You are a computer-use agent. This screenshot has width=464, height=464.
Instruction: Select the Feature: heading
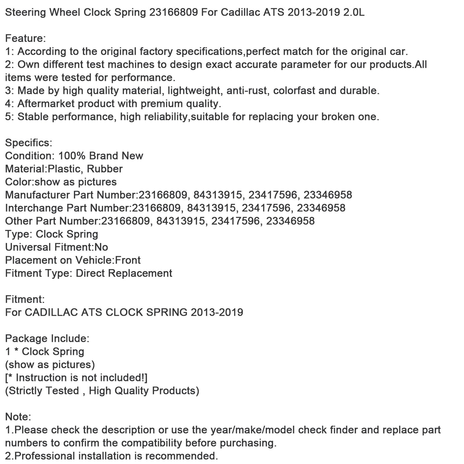point(25,39)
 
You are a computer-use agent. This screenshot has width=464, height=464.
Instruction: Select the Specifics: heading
point(29,143)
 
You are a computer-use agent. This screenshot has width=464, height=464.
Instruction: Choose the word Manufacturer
point(38,195)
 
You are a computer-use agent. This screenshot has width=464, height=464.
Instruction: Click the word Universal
point(28,247)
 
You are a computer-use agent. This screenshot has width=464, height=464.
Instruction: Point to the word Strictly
point(27,391)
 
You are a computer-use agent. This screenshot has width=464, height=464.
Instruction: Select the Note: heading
point(18,417)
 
